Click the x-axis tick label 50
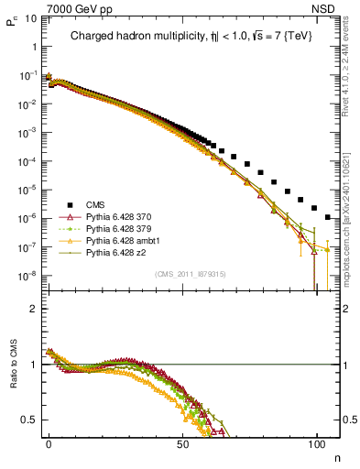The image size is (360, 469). point(183,444)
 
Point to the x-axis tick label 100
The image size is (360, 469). point(317,444)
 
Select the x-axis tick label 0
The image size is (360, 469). point(49,444)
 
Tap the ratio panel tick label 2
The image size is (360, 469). point(31,309)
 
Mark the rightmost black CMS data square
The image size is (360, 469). point(328,217)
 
